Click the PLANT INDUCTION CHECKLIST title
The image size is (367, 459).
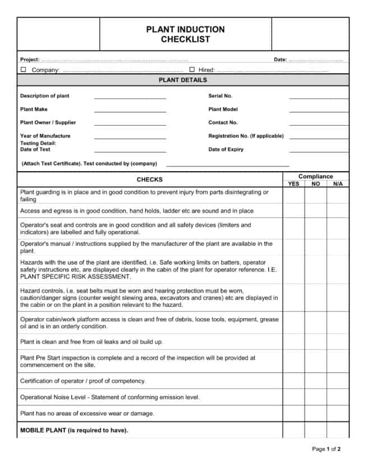point(185,34)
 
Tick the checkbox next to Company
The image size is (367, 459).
point(24,70)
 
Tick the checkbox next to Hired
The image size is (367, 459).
point(192,70)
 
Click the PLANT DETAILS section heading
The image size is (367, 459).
point(183,80)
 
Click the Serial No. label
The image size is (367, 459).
point(220,96)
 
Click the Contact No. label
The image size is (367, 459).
point(223,122)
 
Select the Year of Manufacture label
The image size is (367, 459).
point(45,136)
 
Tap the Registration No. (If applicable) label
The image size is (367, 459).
point(246,136)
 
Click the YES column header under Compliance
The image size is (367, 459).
point(294,183)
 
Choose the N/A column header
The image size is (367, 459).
point(337,183)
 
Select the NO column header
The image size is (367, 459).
point(316,183)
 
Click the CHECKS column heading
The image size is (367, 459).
point(150,179)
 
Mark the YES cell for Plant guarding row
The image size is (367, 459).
point(294,195)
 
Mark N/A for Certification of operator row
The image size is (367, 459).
point(337,381)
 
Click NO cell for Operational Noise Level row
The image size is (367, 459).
point(316,397)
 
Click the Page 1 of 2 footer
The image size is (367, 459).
point(326,449)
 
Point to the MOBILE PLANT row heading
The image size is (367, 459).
point(74,430)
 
